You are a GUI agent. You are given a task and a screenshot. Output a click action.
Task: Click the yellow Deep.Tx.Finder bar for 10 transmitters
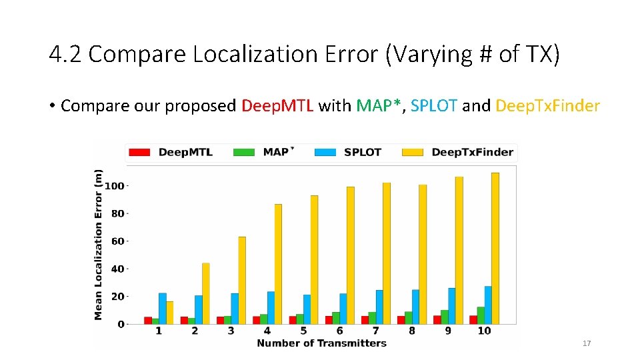495,248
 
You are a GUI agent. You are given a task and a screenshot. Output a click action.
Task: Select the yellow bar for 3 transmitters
242,280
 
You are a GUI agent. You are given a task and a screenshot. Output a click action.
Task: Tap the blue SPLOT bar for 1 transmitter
162,308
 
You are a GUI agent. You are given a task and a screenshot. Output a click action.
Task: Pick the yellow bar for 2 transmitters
206,293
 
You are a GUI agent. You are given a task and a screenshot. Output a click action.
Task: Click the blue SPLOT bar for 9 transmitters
451,305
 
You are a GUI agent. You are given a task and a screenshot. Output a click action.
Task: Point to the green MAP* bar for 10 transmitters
481,315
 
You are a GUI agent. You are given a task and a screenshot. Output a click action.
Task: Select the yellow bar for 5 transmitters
314,259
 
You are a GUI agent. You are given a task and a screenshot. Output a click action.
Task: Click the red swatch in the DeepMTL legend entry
139,152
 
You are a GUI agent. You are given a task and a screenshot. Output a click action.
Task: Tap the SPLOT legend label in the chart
362,152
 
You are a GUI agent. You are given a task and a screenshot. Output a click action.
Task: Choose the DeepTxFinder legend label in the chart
472,152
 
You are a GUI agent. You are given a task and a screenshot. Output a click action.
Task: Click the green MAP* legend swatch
244,152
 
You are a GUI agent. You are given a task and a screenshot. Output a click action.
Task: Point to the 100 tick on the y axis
115,186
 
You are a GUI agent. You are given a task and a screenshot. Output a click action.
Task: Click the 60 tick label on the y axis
117,241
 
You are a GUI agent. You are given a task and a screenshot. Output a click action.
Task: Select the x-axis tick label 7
375,331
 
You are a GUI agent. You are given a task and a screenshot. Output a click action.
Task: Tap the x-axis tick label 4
267,331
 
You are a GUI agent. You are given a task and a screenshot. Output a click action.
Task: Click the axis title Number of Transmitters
321,343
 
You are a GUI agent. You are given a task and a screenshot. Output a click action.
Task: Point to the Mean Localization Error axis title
99,244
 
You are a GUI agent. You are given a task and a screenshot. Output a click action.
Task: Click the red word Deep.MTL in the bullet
277,105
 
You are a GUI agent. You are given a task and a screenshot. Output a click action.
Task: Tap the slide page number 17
587,343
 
